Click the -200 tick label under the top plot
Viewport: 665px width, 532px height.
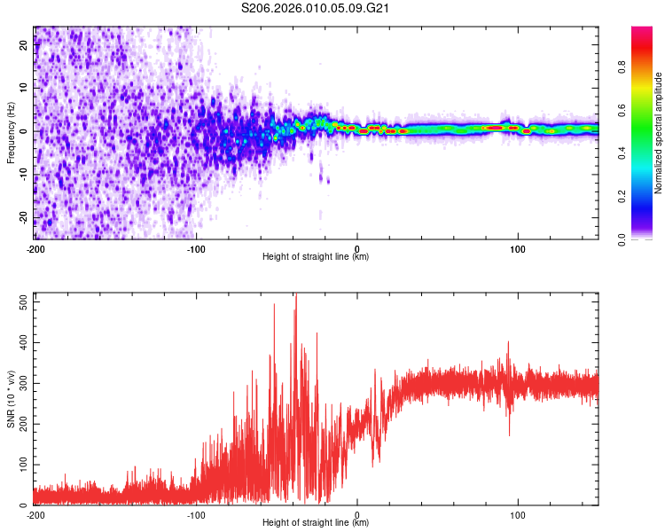[x=35, y=248]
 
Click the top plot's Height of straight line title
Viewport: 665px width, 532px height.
[x=317, y=257]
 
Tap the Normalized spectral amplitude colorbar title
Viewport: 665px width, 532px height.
[x=659, y=133]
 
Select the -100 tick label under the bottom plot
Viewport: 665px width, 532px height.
[x=196, y=514]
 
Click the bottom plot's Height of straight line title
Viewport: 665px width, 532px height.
[x=317, y=523]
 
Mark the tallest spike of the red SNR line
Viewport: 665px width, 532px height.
[x=296, y=296]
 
